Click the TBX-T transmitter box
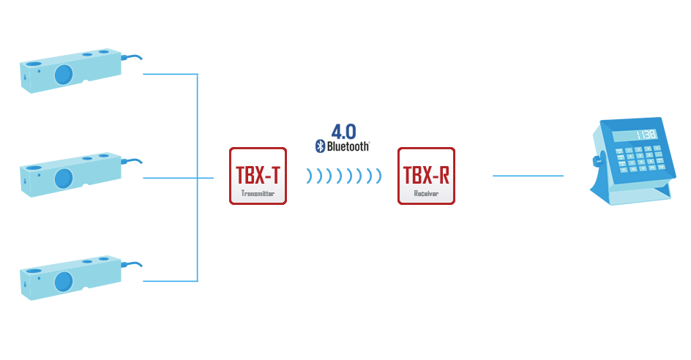tap(258, 176)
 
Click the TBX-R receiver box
tap(426, 176)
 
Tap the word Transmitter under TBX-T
tap(258, 193)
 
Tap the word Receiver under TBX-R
tap(426, 193)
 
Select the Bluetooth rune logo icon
tap(321, 146)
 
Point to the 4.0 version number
tap(344, 131)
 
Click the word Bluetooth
tap(348, 146)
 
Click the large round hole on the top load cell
tap(64, 75)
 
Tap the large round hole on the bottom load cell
tap(64, 282)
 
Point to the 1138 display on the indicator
tap(646, 135)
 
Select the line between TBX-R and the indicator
tap(528, 176)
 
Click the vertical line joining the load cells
tap(198, 178)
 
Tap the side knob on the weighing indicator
tap(597, 161)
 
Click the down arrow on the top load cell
tap(25, 78)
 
